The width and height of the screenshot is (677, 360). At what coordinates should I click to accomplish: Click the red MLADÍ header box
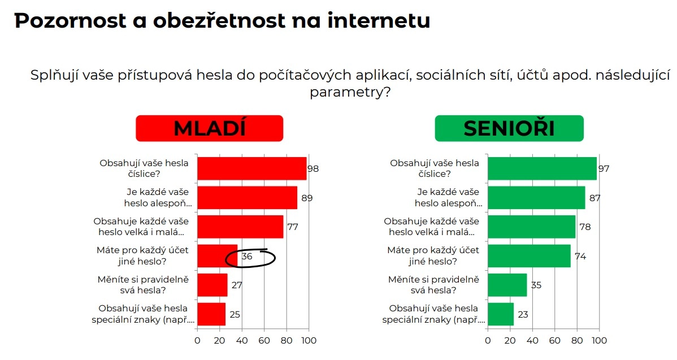click(x=209, y=128)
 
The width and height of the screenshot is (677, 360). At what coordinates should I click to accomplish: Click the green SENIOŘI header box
click(x=509, y=128)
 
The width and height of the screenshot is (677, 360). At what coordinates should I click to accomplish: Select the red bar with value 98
click(x=252, y=168)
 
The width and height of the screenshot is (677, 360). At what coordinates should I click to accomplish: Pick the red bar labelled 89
click(x=248, y=198)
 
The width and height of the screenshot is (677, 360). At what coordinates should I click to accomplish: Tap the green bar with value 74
click(x=529, y=256)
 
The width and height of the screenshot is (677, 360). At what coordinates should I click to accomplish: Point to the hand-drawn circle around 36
click(x=250, y=258)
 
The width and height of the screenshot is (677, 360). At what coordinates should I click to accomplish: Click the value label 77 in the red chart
click(x=292, y=227)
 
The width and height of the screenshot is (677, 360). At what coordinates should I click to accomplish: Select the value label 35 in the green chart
click(x=536, y=285)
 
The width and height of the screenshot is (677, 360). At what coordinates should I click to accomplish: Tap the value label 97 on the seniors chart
click(x=604, y=169)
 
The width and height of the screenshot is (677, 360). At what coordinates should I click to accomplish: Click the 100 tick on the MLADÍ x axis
click(x=309, y=341)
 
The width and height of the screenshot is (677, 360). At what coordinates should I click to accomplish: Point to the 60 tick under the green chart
click(x=554, y=341)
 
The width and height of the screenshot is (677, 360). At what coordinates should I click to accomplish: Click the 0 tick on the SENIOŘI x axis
click(x=487, y=341)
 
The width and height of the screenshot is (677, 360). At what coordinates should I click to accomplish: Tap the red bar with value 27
click(x=212, y=285)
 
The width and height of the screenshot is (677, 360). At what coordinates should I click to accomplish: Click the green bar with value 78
click(x=531, y=227)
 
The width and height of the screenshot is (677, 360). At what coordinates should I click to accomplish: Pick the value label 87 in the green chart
click(x=594, y=198)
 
